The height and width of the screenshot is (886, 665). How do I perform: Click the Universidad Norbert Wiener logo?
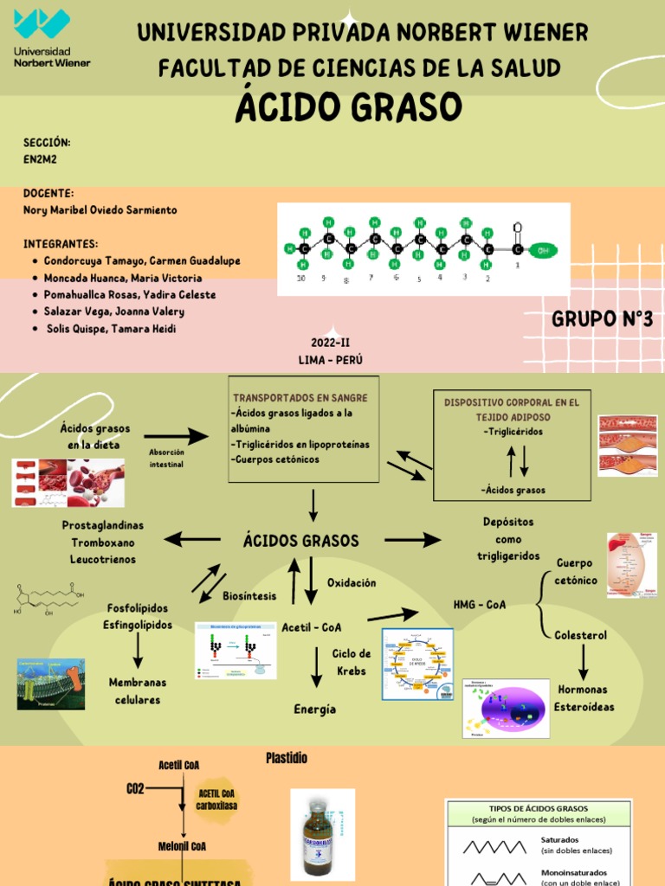point(51,39)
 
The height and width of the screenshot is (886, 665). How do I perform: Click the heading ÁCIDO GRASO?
point(349,108)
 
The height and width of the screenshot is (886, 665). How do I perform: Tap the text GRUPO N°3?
point(602,319)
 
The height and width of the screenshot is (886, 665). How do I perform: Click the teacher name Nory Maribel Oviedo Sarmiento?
point(100,210)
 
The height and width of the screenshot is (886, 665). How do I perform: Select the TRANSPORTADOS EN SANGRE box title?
point(300,397)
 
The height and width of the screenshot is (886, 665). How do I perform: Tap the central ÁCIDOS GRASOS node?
point(300,541)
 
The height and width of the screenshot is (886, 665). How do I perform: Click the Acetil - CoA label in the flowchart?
point(312,626)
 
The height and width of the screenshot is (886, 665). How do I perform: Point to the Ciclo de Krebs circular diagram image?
point(418,664)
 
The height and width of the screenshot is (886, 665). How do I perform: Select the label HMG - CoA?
point(480,604)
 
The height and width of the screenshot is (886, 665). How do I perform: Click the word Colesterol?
point(580,635)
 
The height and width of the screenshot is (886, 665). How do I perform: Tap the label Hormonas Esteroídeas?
point(584,698)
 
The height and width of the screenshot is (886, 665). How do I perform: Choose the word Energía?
point(314,709)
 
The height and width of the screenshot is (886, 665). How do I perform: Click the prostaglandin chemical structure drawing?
point(49,600)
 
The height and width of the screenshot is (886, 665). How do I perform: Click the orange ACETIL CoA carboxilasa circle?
point(216,799)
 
